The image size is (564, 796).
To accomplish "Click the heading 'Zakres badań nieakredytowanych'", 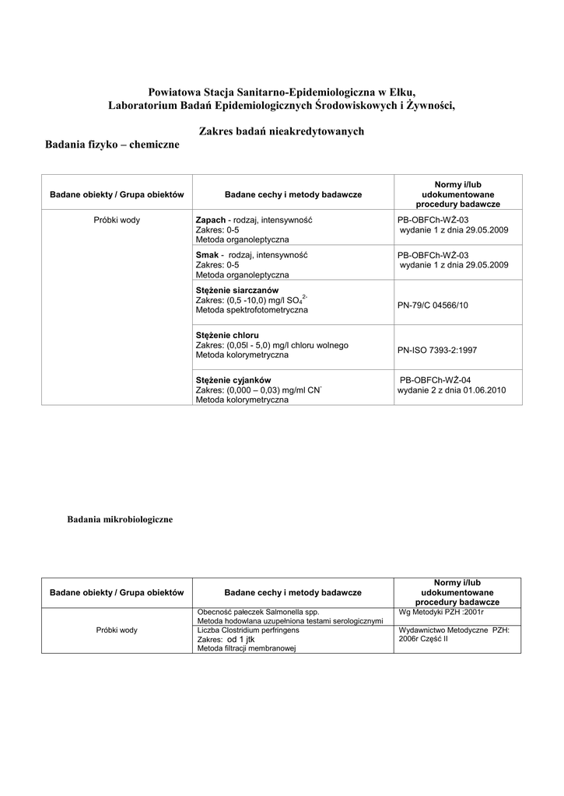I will coord(282,131).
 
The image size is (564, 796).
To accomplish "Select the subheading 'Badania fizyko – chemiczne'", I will coord(112,145).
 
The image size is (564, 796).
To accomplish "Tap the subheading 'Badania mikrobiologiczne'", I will coord(120,519).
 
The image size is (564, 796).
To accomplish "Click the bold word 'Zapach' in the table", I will coord(211,220).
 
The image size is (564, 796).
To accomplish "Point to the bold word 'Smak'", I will coord(206,255).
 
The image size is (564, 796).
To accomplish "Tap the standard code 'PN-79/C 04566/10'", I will coord(433,305).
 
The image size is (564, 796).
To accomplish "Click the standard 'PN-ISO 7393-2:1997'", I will coord(436,350).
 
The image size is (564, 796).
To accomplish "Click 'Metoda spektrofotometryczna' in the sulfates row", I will coord(251,310).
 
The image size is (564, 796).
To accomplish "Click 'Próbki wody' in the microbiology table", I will coord(117,630).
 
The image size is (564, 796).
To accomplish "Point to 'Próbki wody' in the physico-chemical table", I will coord(117,220).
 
